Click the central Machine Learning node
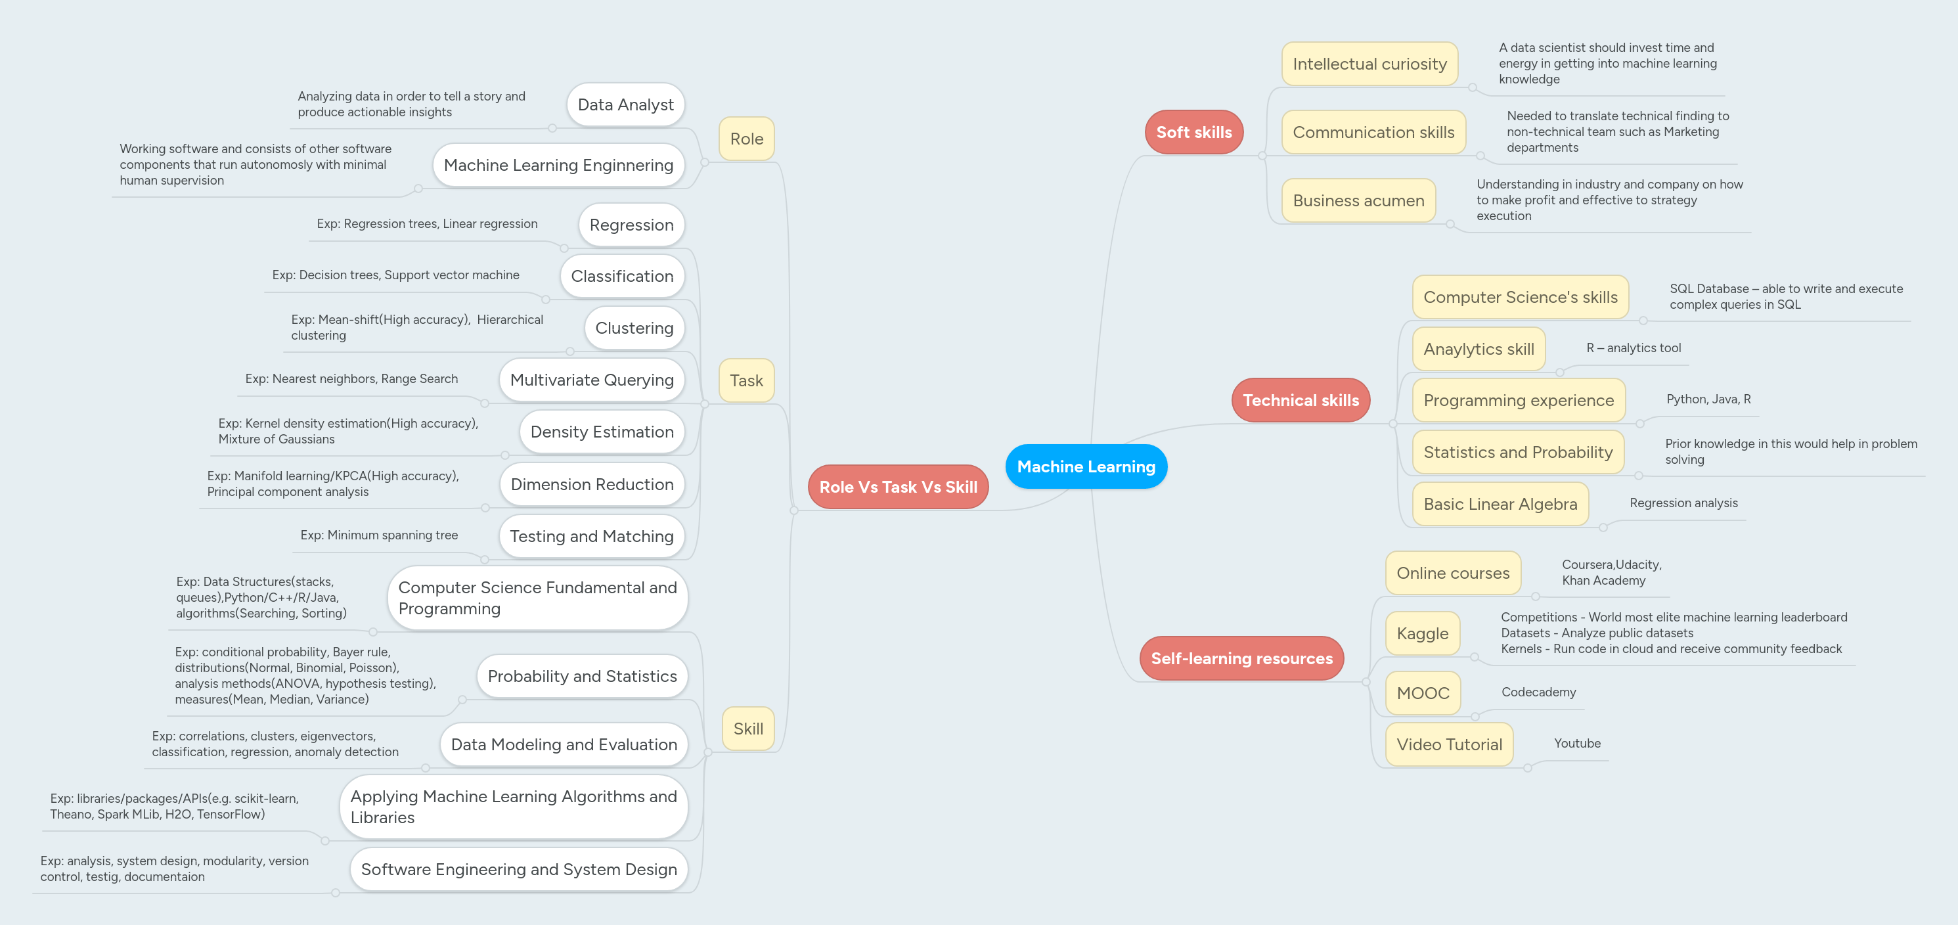tap(1086, 466)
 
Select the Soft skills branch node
tap(1193, 132)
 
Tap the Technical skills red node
tap(1300, 401)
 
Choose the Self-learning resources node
tap(1241, 658)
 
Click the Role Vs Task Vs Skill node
tap(898, 487)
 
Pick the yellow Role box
tap(746, 139)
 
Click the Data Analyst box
tap(625, 105)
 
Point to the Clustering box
tap(634, 328)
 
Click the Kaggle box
tap(1422, 634)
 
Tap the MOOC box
tap(1423, 693)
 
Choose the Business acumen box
tap(1358, 200)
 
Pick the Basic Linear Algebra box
tap(1500, 505)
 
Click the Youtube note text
tap(1577, 743)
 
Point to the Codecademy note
tap(1538, 692)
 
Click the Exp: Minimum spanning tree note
tap(378, 535)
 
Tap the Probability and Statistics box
tap(581, 677)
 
